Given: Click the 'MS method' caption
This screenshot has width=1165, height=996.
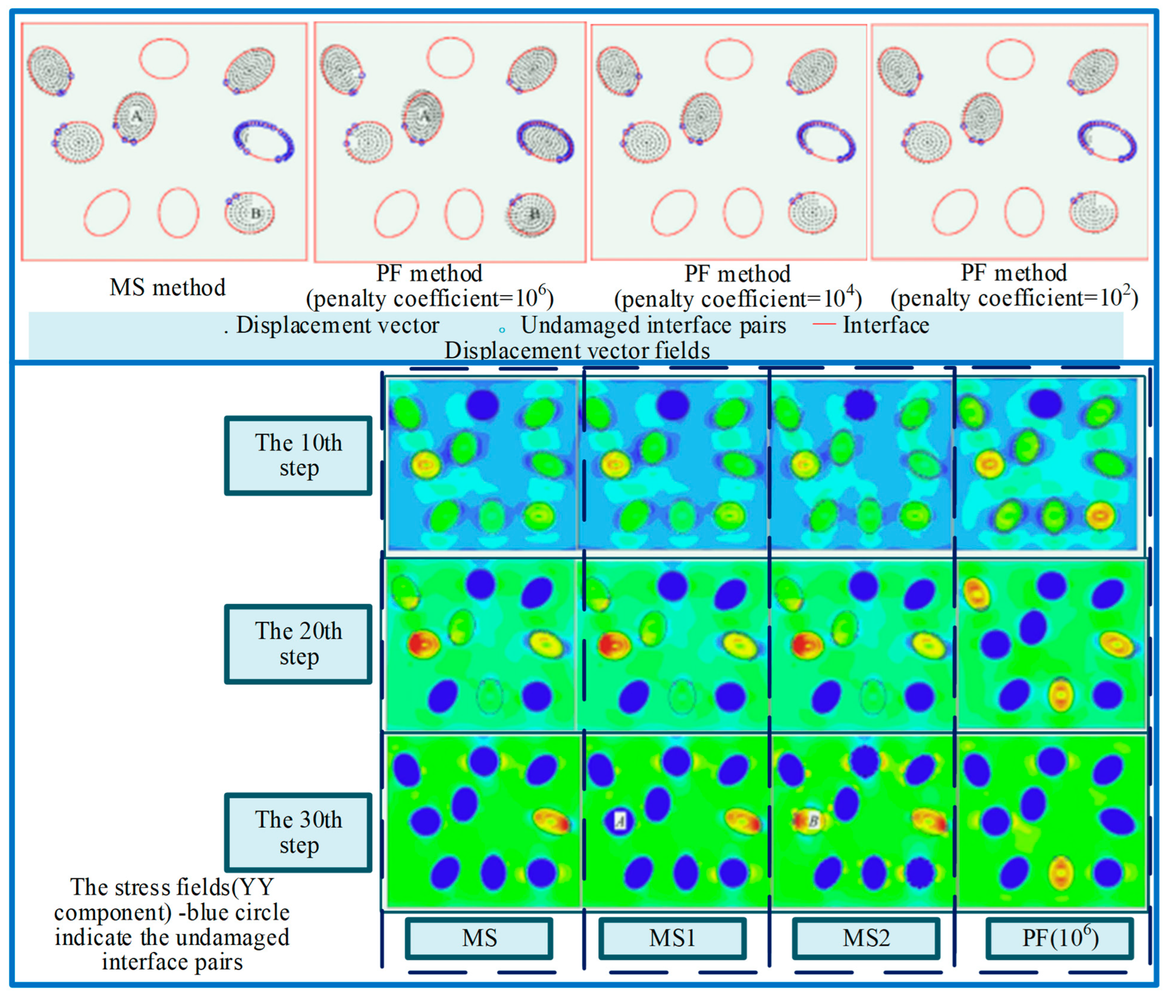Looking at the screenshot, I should pyautogui.click(x=168, y=288).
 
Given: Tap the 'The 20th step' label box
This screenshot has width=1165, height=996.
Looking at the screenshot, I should pyautogui.click(x=299, y=644).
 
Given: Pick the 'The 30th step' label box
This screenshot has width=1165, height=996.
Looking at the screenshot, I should pyautogui.click(x=299, y=833).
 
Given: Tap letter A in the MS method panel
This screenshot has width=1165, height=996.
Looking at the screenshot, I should pyautogui.click(x=136, y=116).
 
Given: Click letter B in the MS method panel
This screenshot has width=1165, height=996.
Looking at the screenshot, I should pyautogui.click(x=256, y=214).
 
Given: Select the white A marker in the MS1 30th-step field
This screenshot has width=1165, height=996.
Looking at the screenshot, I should pyautogui.click(x=620, y=821).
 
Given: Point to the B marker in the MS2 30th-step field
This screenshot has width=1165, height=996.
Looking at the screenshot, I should pyautogui.click(x=812, y=821).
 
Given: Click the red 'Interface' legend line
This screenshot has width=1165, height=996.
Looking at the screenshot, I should pyautogui.click(x=824, y=324).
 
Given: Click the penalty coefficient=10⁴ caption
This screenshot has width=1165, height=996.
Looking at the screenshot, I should pyautogui.click(x=738, y=298).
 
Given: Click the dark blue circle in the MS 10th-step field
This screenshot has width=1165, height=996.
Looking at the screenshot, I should pyautogui.click(x=482, y=404).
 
